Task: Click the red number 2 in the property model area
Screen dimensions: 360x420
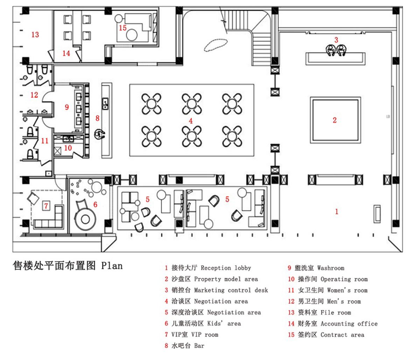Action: point(335,120)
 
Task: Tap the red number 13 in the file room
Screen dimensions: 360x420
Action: point(35,35)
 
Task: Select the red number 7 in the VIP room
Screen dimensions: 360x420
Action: point(46,205)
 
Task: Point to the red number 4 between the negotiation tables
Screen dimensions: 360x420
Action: point(191,121)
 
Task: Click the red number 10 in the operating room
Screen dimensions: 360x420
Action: point(68,148)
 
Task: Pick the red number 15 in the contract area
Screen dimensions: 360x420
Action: point(122,28)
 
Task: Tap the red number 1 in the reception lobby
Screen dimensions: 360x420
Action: point(337,211)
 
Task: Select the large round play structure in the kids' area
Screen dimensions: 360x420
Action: point(85,219)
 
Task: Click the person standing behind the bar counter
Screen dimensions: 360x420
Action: point(100,134)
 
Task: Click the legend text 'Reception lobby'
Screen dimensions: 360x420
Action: point(226,268)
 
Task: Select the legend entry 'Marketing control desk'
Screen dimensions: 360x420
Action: point(231,290)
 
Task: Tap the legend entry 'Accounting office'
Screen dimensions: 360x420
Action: point(349,324)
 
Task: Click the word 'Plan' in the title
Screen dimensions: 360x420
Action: point(112,266)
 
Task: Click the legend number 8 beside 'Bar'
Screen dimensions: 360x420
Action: point(166,346)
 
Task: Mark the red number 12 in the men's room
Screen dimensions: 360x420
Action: point(34,95)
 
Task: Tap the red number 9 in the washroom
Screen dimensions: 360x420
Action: point(67,107)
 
